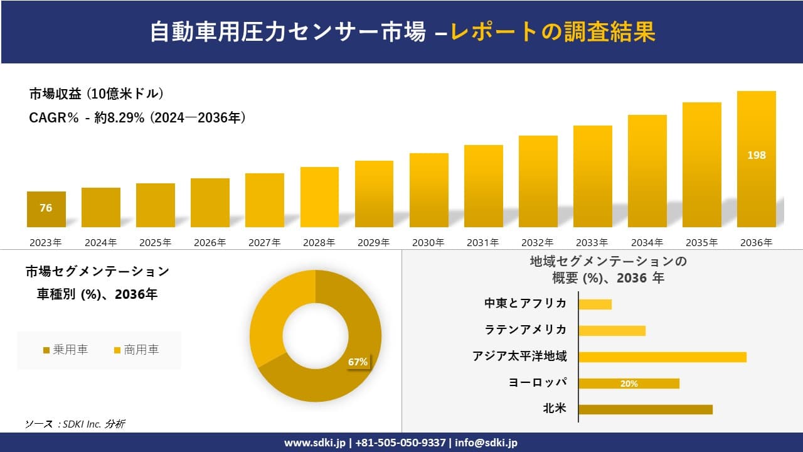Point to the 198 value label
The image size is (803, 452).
click(x=756, y=155)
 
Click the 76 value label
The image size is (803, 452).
click(x=46, y=208)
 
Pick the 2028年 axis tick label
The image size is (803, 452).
click(x=319, y=242)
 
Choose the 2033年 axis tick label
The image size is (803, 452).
click(x=592, y=242)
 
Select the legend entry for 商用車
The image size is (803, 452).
click(x=136, y=350)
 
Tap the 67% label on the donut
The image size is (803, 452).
click(x=358, y=362)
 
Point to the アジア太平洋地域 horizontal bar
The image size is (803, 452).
click(x=662, y=357)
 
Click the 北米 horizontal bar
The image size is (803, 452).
click(x=646, y=409)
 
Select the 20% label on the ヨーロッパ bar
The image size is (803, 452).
click(x=629, y=384)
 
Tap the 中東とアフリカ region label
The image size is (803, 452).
click(x=525, y=304)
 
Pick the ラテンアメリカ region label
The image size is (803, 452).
click(x=525, y=330)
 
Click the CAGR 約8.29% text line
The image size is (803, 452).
click(x=137, y=117)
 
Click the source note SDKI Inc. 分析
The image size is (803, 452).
click(x=75, y=424)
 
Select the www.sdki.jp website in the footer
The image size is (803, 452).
click(x=314, y=443)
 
